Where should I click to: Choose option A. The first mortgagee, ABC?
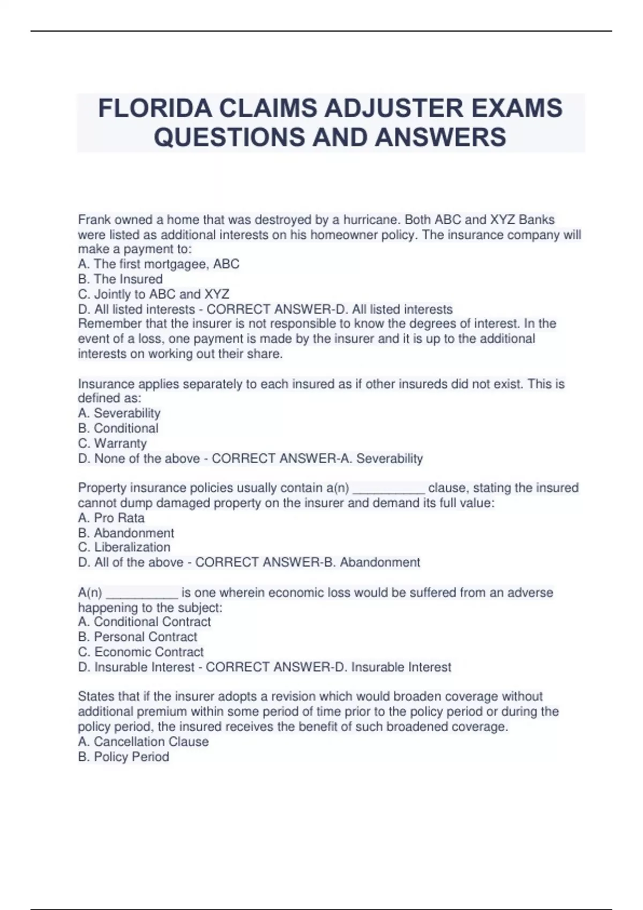159,264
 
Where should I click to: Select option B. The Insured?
121,279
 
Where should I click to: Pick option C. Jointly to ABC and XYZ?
154,294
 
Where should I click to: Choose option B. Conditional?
118,428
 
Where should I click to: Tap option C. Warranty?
113,443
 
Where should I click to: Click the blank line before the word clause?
389,489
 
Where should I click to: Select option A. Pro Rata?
111,518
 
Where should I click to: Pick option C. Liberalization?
124,547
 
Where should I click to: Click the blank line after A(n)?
142,594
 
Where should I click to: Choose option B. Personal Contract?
138,637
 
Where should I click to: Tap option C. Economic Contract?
141,652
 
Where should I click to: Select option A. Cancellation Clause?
144,742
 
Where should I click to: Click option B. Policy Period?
124,757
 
